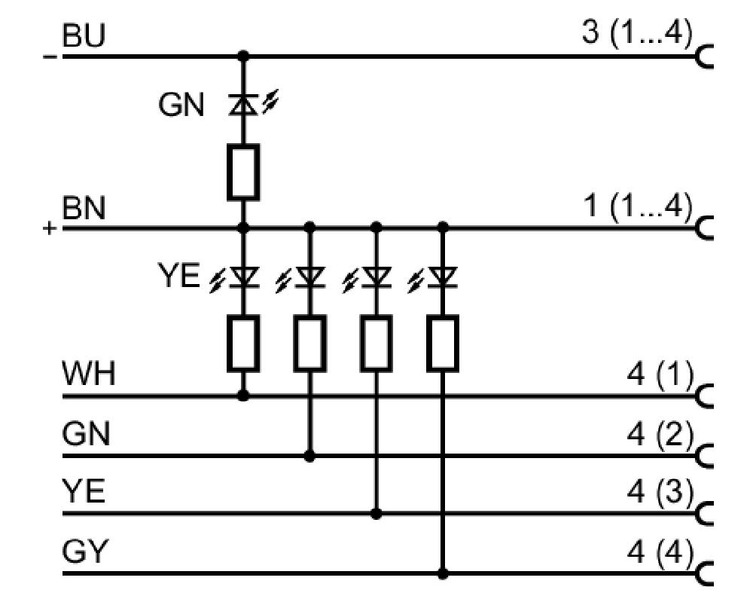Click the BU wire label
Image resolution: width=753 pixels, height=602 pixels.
[x=83, y=35]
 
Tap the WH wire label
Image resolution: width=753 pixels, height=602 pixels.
[x=89, y=373]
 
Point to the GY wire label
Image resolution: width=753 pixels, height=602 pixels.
[x=85, y=551]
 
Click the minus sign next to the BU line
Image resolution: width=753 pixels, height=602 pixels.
[x=50, y=57]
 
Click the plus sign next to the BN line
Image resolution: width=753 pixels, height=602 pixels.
[x=50, y=228]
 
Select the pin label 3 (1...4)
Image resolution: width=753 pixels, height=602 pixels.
[x=637, y=32]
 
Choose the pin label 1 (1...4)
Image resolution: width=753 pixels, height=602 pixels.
[x=638, y=206]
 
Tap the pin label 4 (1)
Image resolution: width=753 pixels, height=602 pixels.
[x=660, y=374]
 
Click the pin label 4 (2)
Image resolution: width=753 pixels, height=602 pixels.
[x=660, y=434]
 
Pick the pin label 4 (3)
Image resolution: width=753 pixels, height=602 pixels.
[x=660, y=492]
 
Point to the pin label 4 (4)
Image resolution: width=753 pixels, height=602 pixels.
[x=660, y=551]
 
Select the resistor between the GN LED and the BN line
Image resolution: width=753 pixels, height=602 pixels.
[x=243, y=172]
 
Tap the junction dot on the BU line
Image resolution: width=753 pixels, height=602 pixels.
[x=243, y=57]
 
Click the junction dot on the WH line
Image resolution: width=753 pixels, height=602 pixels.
[x=243, y=396]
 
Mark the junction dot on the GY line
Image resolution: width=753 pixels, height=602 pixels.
[x=443, y=573]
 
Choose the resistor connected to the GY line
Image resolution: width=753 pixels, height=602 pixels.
[x=443, y=344]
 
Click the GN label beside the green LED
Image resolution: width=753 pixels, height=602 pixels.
[x=181, y=105]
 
